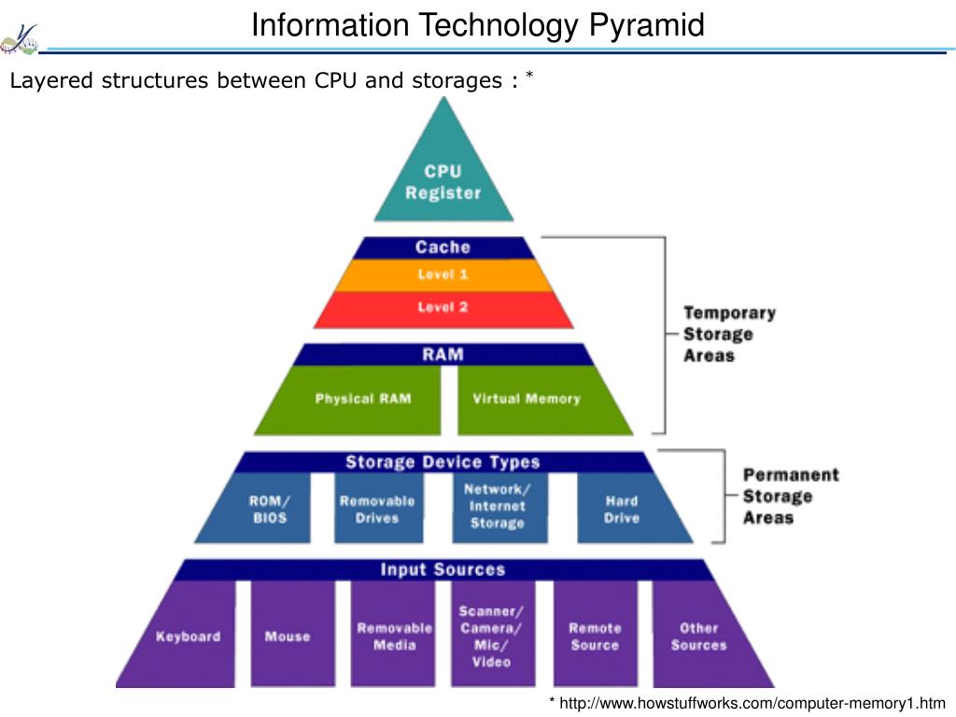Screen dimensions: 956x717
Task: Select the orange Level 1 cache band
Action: [443, 275]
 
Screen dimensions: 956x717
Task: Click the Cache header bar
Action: [443, 247]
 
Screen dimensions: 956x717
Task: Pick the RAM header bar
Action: [443, 354]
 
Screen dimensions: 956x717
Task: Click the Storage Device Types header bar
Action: [443, 462]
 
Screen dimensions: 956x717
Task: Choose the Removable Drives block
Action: [378, 508]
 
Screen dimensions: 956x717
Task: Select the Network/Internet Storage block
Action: [499, 508]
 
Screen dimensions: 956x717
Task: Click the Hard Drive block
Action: [628, 508]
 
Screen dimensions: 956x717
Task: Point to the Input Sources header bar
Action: [443, 569]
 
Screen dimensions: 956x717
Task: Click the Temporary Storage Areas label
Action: [729, 334]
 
